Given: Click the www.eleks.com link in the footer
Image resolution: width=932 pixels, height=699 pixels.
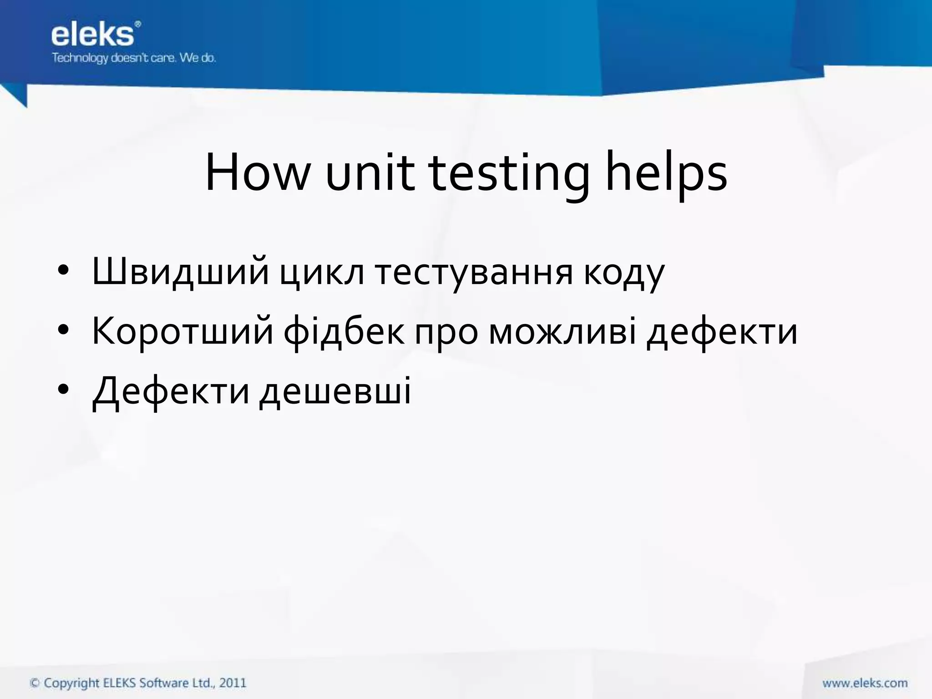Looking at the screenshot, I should [865, 683].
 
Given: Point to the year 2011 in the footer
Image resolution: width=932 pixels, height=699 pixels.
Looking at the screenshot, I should [233, 683].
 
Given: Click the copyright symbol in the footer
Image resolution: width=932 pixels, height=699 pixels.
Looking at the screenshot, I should [35, 683].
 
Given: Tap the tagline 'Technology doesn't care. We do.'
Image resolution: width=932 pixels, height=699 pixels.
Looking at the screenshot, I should [134, 58].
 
